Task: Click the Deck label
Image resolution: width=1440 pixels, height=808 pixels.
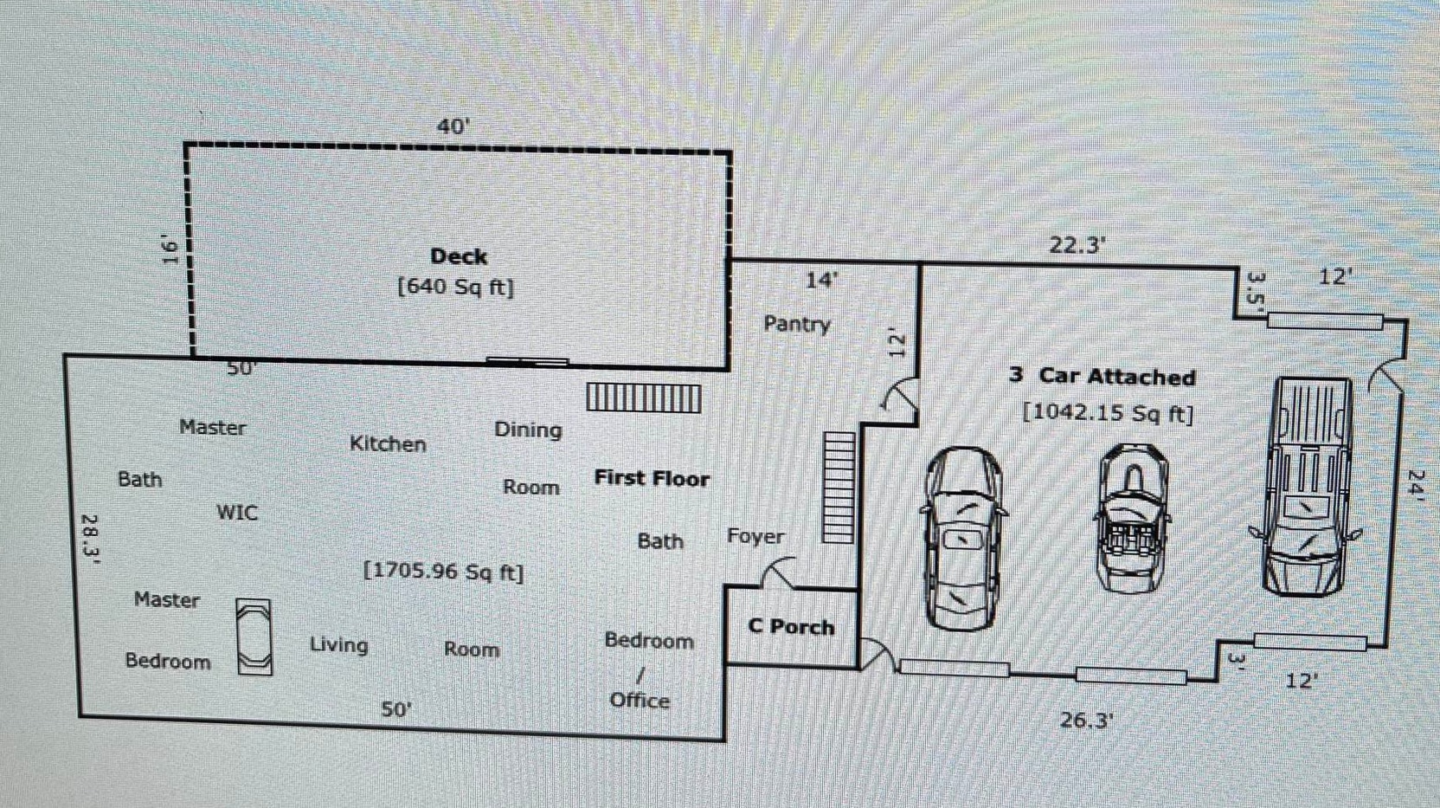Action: pos(459,256)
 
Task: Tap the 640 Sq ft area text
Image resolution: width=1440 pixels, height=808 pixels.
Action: pos(455,287)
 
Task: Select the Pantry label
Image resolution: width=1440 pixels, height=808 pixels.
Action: pos(796,324)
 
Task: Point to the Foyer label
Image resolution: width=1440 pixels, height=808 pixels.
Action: pos(755,537)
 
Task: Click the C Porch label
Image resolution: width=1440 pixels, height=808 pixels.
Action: pos(791,627)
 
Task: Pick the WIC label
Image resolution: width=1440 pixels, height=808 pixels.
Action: pos(236,513)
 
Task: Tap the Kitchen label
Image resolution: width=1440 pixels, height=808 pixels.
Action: pos(388,444)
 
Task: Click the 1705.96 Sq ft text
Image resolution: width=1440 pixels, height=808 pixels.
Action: pos(443,572)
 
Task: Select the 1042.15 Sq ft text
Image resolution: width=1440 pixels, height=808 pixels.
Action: pos(1108,412)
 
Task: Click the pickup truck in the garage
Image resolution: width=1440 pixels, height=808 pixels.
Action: pos(1307,487)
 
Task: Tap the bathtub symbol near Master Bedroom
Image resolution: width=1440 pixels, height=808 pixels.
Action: pos(254,637)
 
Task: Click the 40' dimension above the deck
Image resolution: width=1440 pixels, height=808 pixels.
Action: pos(453,126)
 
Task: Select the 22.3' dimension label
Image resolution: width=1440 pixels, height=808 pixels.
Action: pos(1077,245)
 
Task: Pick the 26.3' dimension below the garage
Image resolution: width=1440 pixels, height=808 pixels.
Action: pos(1086,720)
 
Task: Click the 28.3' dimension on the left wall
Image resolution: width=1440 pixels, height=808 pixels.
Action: pos(90,539)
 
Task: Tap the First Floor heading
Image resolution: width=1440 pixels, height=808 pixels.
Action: pos(652,478)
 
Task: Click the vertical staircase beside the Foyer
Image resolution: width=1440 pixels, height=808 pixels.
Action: pos(838,488)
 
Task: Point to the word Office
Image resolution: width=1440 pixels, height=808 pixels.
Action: pos(640,701)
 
